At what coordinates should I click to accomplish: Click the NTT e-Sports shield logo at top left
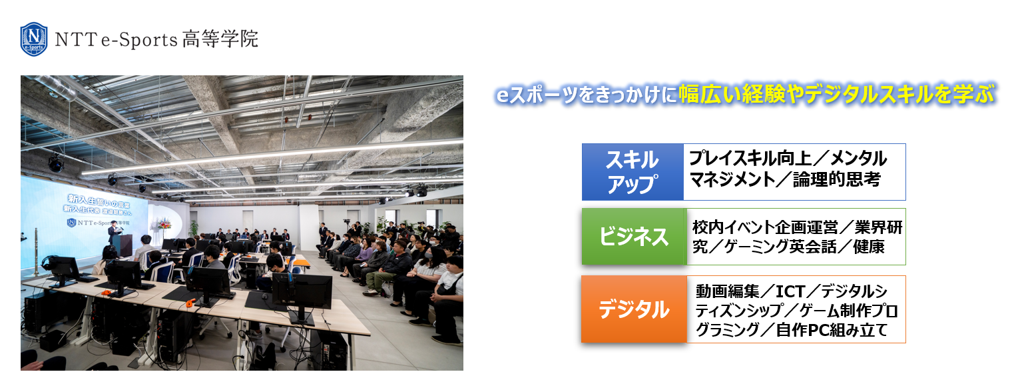pyautogui.click(x=33, y=39)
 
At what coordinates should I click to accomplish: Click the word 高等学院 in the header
pyautogui.click(x=220, y=39)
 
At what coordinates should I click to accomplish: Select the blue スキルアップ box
pyautogui.click(x=632, y=172)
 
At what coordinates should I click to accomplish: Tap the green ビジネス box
pyautogui.click(x=634, y=237)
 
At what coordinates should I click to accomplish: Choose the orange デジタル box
pyautogui.click(x=634, y=309)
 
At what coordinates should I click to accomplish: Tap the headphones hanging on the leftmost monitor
pyautogui.click(x=47, y=263)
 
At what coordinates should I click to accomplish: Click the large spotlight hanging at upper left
pyautogui.click(x=56, y=163)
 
